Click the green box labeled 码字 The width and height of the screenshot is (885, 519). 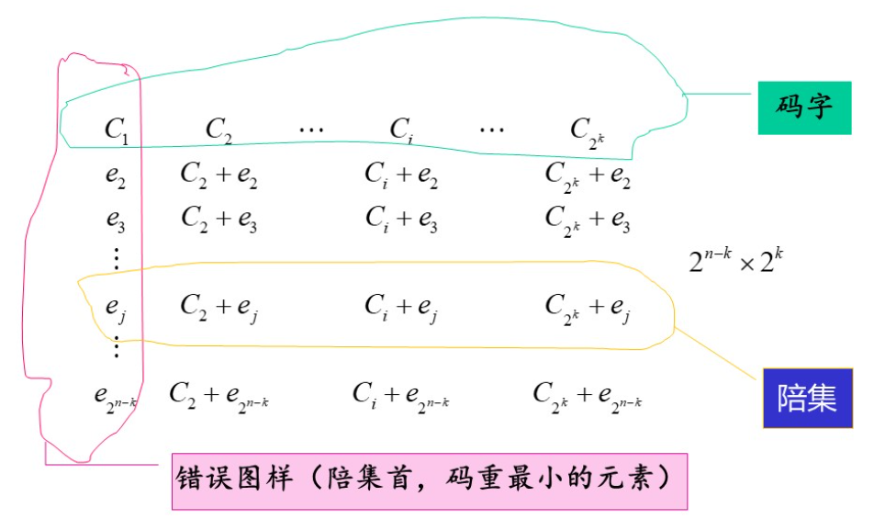pos(804,107)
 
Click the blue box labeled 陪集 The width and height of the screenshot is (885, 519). pos(807,399)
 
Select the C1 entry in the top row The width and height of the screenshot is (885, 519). pos(117,130)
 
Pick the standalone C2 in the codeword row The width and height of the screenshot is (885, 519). pos(218,130)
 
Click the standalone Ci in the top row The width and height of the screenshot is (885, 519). pos(400,130)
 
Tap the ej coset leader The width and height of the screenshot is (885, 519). pos(116,307)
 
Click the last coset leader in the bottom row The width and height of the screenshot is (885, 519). pos(116,396)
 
